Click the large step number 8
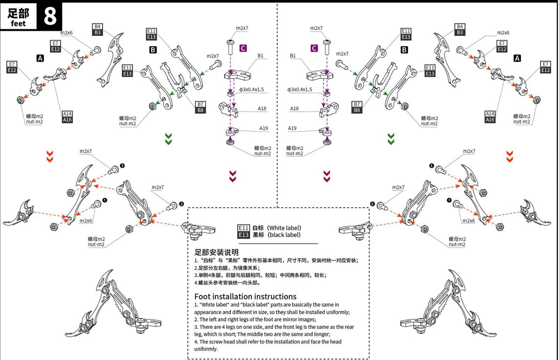pos(50,16)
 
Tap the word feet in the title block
pos(18,24)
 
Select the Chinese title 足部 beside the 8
pos(18,14)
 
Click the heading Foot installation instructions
pos(245,297)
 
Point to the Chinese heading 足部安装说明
pos(216,252)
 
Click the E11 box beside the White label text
pos(243,228)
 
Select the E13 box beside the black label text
pos(243,235)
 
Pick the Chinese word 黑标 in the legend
pos(258,235)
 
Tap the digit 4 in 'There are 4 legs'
pos(224,327)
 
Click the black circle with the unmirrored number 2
pos(122,165)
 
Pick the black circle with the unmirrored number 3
pos(181,204)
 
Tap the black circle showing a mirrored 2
pos(432,165)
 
